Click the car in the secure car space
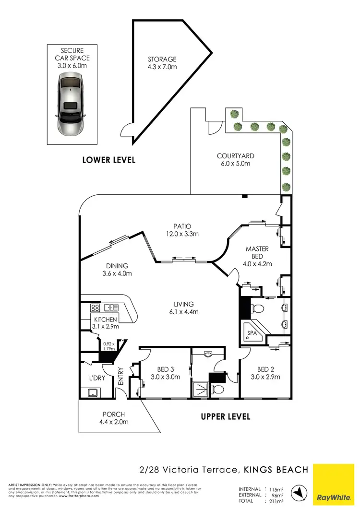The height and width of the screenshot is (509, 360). coord(71,104)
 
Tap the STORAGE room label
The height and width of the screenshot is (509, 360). coord(162,63)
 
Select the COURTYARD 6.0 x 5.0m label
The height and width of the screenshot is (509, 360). coord(235,160)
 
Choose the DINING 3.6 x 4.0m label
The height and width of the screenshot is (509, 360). coord(117,270)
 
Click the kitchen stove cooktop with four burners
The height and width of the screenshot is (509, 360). coord(96,308)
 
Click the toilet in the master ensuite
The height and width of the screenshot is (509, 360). coord(256,306)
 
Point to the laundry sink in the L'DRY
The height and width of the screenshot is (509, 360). coord(90,393)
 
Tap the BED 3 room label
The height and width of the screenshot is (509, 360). coord(165,373)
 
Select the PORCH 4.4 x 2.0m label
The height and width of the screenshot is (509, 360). coord(114,418)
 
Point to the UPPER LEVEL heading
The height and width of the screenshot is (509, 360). coord(226,416)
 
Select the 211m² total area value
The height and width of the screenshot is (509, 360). coord(276,501)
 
